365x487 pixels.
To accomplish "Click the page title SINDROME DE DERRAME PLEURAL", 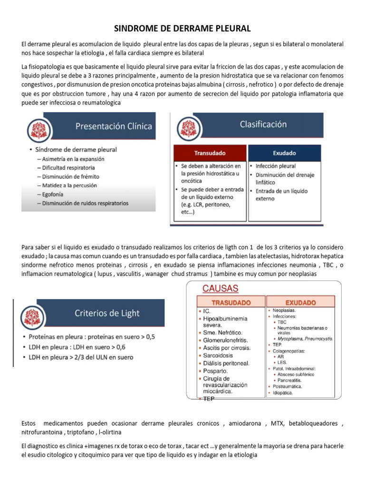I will click(183, 29).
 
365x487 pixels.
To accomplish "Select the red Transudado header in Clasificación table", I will click(210, 153).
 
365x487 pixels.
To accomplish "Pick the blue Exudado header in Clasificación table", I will click(284, 153).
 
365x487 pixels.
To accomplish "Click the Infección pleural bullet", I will click(275, 166).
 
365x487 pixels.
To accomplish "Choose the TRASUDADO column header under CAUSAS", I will click(231, 302).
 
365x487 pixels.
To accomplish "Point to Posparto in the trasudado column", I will click(215, 370).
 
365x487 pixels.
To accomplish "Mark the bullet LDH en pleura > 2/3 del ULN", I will click(81, 357).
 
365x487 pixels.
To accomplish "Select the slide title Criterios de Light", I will click(106, 313).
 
